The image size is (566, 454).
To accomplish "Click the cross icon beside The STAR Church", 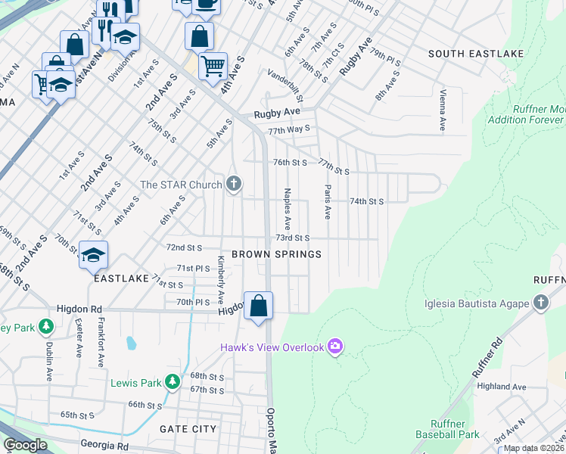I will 235,185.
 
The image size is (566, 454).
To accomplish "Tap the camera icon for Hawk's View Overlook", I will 335,347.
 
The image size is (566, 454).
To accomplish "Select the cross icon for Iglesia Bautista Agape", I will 540,303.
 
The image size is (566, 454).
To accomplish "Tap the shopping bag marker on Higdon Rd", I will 258,306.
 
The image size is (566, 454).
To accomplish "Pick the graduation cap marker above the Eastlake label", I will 93,255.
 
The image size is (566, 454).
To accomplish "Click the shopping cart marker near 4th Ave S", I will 213,66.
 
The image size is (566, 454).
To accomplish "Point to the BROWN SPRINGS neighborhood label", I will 276,254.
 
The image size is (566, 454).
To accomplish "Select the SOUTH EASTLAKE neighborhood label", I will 465,54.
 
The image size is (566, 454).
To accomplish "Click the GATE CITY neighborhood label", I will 188,428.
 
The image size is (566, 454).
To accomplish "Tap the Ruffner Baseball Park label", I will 447,429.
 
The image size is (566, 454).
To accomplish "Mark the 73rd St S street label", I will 292,238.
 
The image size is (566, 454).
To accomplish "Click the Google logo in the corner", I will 25,445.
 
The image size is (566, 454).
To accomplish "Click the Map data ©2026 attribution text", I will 533,448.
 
